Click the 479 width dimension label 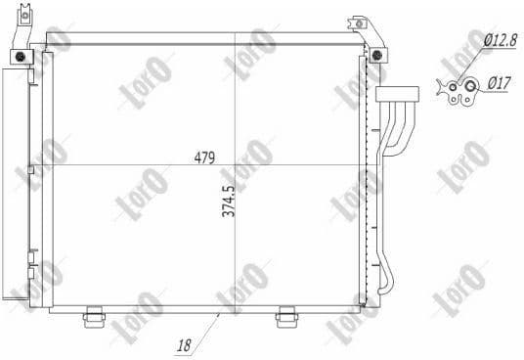tap(203, 157)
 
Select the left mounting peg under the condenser tap(95, 316)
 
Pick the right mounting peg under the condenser tap(286, 316)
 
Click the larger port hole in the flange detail tap(470, 89)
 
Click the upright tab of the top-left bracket tap(17, 31)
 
